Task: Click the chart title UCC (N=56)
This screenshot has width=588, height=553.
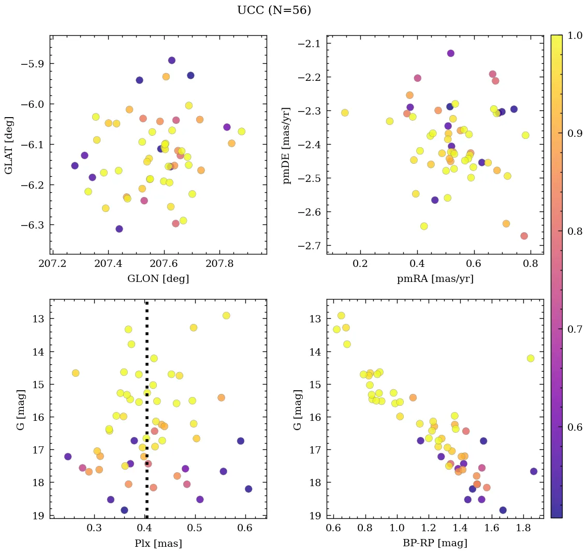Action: (x=274, y=10)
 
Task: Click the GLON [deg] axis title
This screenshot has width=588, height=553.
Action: (x=158, y=279)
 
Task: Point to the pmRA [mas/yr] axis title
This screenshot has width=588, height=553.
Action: (x=435, y=279)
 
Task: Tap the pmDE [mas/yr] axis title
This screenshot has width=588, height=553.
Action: (x=286, y=146)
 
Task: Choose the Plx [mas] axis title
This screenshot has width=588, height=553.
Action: (x=158, y=543)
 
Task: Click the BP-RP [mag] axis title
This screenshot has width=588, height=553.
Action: (x=435, y=543)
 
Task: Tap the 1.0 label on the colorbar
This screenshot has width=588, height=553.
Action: (x=574, y=35)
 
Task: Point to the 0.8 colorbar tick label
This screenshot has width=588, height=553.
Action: (x=574, y=231)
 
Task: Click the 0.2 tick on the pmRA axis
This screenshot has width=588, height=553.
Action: (x=360, y=265)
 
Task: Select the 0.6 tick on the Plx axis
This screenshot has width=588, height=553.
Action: (x=245, y=529)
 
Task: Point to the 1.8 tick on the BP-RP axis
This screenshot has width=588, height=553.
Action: (x=523, y=529)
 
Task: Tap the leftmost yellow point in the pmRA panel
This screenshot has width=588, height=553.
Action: (x=345, y=113)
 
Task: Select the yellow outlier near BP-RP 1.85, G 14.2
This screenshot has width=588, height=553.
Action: (x=530, y=358)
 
